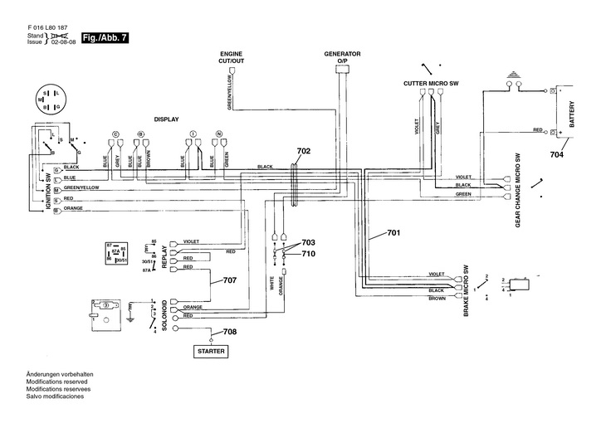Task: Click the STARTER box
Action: coord(209,352)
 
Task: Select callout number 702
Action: coord(303,151)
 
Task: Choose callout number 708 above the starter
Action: coord(229,333)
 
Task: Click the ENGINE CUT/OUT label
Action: coord(232,56)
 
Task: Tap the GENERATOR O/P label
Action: coord(342,56)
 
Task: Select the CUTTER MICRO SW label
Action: coord(431,84)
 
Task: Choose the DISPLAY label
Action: coord(167,119)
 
